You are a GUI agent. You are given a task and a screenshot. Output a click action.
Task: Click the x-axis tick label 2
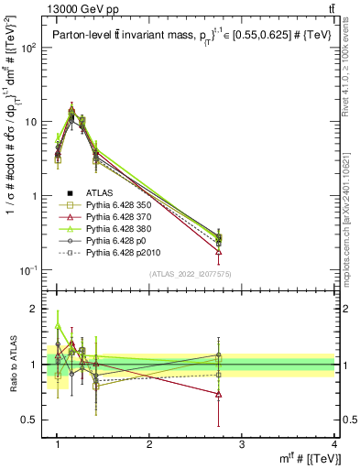149,443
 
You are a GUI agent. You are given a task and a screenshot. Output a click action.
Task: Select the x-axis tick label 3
242,443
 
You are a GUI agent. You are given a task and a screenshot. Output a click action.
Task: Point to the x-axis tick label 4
333,443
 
